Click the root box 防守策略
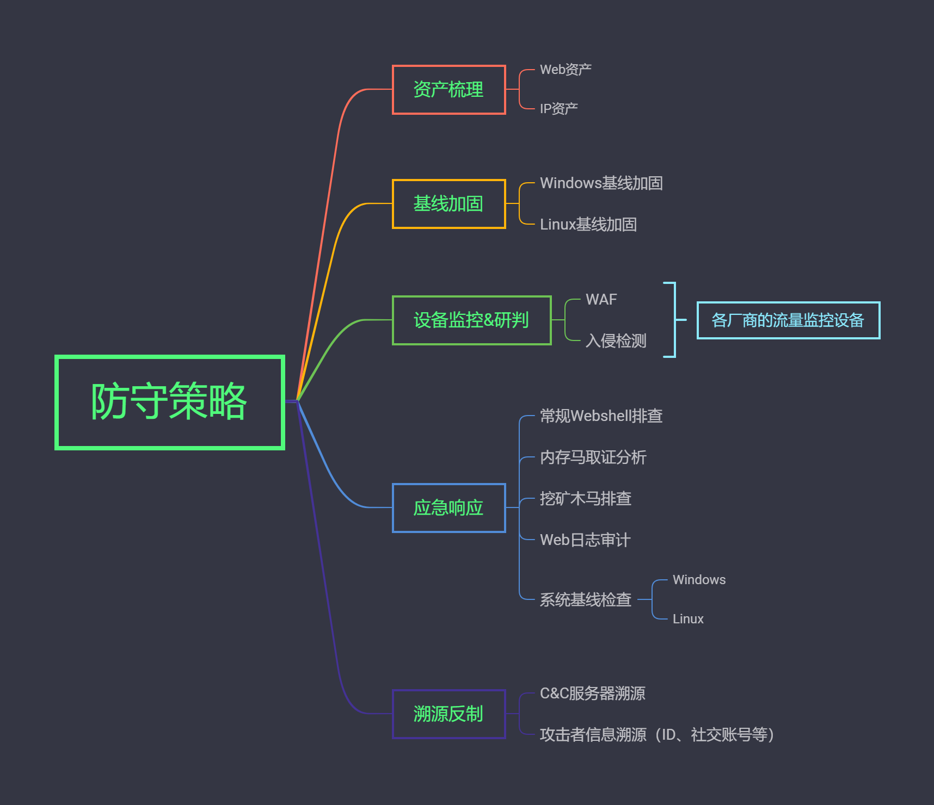[x=169, y=402]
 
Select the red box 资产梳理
[x=448, y=90]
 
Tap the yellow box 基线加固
[x=448, y=204]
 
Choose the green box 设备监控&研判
[x=471, y=320]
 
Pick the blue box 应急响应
[x=448, y=508]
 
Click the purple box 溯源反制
[x=448, y=714]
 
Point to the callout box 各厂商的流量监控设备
[x=788, y=320]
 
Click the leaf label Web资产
[x=566, y=70]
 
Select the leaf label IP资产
[x=558, y=109]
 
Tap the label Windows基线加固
[x=601, y=183]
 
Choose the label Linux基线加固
[x=588, y=225]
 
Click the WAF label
[x=601, y=300]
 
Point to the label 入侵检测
[x=616, y=341]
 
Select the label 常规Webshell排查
[x=601, y=416]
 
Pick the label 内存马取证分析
[x=593, y=457]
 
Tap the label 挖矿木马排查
[x=585, y=499]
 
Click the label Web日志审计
[x=585, y=540]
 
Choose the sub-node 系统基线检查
[x=585, y=600]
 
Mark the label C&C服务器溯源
[x=592, y=693]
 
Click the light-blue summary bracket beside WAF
[x=674, y=320]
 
